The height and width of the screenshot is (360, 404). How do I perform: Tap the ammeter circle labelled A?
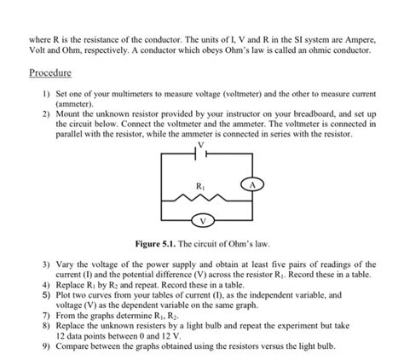(251, 185)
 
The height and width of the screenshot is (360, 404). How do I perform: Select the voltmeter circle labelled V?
(202, 222)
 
